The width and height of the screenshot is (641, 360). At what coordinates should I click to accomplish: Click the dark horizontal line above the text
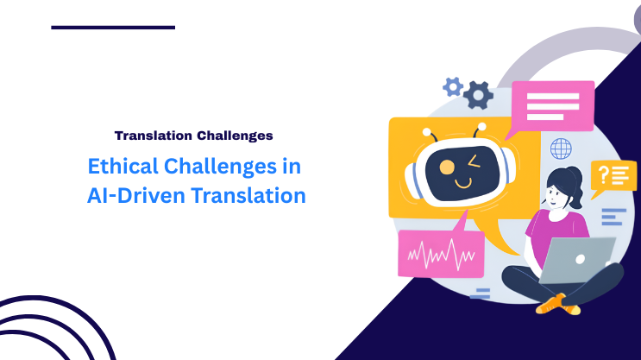pos(113,28)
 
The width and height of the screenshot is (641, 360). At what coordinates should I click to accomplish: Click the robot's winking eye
pos(472,162)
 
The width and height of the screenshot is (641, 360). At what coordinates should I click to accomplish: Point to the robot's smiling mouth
pos(464,183)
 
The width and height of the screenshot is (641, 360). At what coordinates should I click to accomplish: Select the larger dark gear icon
pos(477,94)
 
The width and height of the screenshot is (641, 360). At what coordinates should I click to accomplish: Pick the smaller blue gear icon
pos(452,85)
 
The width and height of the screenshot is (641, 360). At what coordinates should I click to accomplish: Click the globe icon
pos(562,148)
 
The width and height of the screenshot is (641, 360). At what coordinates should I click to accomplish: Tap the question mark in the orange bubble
pos(604,174)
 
